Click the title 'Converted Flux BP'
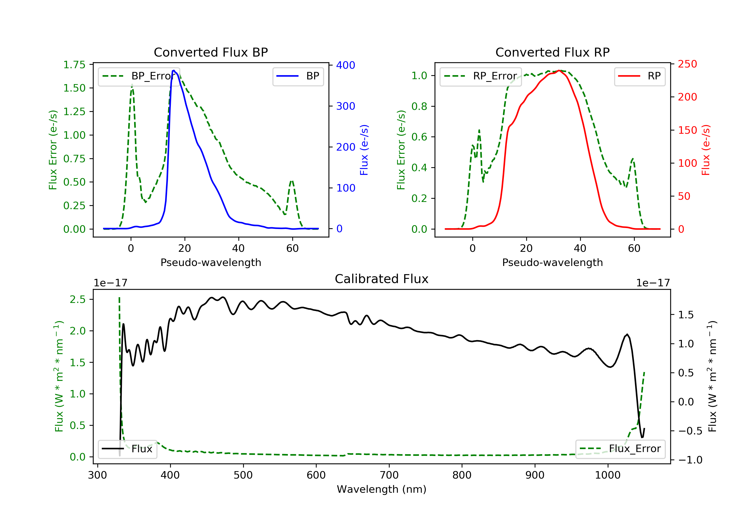211,52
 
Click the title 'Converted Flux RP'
552,52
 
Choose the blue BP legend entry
298,76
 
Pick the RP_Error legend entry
480,76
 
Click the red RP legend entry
639,76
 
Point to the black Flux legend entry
127,449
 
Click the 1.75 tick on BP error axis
74,65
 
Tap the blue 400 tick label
346,65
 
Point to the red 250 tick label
687,64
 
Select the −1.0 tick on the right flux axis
690,460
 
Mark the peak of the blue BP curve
174,70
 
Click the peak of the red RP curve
559,71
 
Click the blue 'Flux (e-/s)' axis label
364,150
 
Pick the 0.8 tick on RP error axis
419,106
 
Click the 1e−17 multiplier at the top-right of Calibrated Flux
653,283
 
